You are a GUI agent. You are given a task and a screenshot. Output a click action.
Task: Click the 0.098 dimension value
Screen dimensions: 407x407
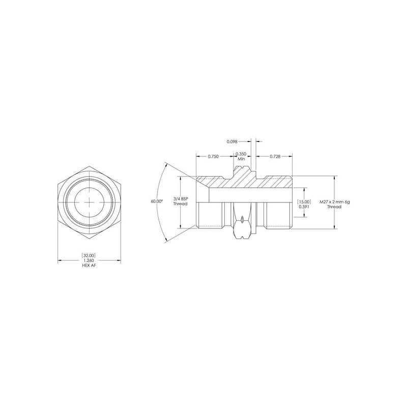point(232,141)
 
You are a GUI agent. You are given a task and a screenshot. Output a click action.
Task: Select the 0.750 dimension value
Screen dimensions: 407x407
point(213,156)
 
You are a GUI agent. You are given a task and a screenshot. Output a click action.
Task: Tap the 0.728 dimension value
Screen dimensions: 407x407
point(275,156)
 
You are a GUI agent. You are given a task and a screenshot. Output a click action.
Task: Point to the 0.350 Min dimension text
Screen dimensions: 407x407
point(241,156)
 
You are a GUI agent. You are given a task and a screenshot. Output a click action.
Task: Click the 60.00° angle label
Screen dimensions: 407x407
point(157,201)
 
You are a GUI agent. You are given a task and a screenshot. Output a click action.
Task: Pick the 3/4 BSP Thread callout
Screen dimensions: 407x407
point(181,201)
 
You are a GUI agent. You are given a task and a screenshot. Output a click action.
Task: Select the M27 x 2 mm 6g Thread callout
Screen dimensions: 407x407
point(334,204)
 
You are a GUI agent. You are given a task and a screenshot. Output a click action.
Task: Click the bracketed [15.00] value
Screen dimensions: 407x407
point(303,201)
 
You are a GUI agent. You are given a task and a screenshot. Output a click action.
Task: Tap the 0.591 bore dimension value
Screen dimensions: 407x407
point(303,207)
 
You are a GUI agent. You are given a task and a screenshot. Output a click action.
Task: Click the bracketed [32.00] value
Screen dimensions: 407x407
point(89,255)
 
